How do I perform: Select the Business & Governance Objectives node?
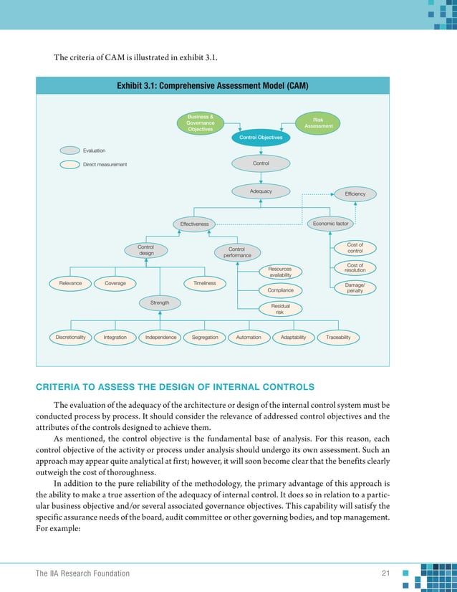tap(200, 123)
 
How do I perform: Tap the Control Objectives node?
tap(261, 137)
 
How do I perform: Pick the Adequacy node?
tap(261, 191)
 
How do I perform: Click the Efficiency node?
tap(355, 194)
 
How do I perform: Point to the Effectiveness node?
tap(194, 224)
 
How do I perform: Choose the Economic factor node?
tap(331, 224)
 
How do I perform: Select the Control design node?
tap(146, 249)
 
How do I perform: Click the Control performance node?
tap(237, 252)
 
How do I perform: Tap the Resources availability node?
tap(280, 272)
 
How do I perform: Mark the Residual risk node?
tap(279, 309)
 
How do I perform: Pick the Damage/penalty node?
tap(355, 287)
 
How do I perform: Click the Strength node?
tap(160, 303)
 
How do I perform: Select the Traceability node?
tap(337, 337)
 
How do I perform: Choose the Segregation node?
tap(205, 337)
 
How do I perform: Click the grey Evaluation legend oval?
tap(70, 151)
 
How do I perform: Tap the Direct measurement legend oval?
tap(70, 164)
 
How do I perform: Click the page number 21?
tap(385, 573)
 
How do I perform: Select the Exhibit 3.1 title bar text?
tap(212, 85)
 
